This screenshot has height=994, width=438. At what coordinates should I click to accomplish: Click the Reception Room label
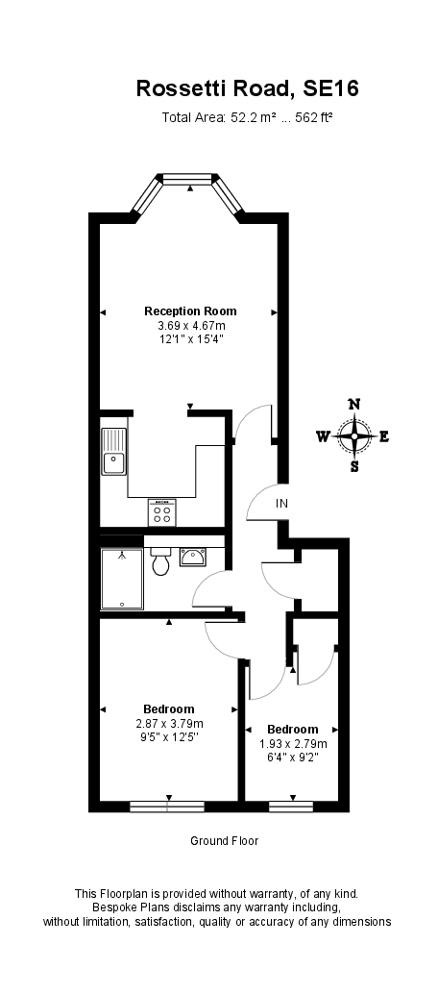coord(190,311)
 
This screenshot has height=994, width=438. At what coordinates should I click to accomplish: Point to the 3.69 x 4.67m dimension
coord(190,326)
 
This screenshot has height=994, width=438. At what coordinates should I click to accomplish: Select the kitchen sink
coord(114,452)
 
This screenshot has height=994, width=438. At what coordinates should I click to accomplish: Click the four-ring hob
coord(161,512)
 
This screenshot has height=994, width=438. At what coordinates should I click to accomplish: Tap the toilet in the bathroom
coord(160,560)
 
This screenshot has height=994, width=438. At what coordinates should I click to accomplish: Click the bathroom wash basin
coord(192,556)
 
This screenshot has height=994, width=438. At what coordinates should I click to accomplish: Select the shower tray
coord(122,579)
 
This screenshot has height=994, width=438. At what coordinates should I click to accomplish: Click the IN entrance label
coord(281,504)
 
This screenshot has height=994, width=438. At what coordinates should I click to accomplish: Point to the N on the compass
coord(353,405)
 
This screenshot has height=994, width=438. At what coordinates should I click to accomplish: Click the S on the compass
coord(354,467)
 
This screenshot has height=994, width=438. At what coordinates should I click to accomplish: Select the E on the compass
coord(384,436)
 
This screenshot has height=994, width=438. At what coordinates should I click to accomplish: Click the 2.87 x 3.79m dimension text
coord(169,724)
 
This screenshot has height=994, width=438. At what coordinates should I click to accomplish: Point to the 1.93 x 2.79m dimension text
coord(292,743)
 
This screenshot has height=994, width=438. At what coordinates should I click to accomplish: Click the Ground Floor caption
coord(224,841)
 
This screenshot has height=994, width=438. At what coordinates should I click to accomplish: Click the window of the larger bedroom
coord(168,806)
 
